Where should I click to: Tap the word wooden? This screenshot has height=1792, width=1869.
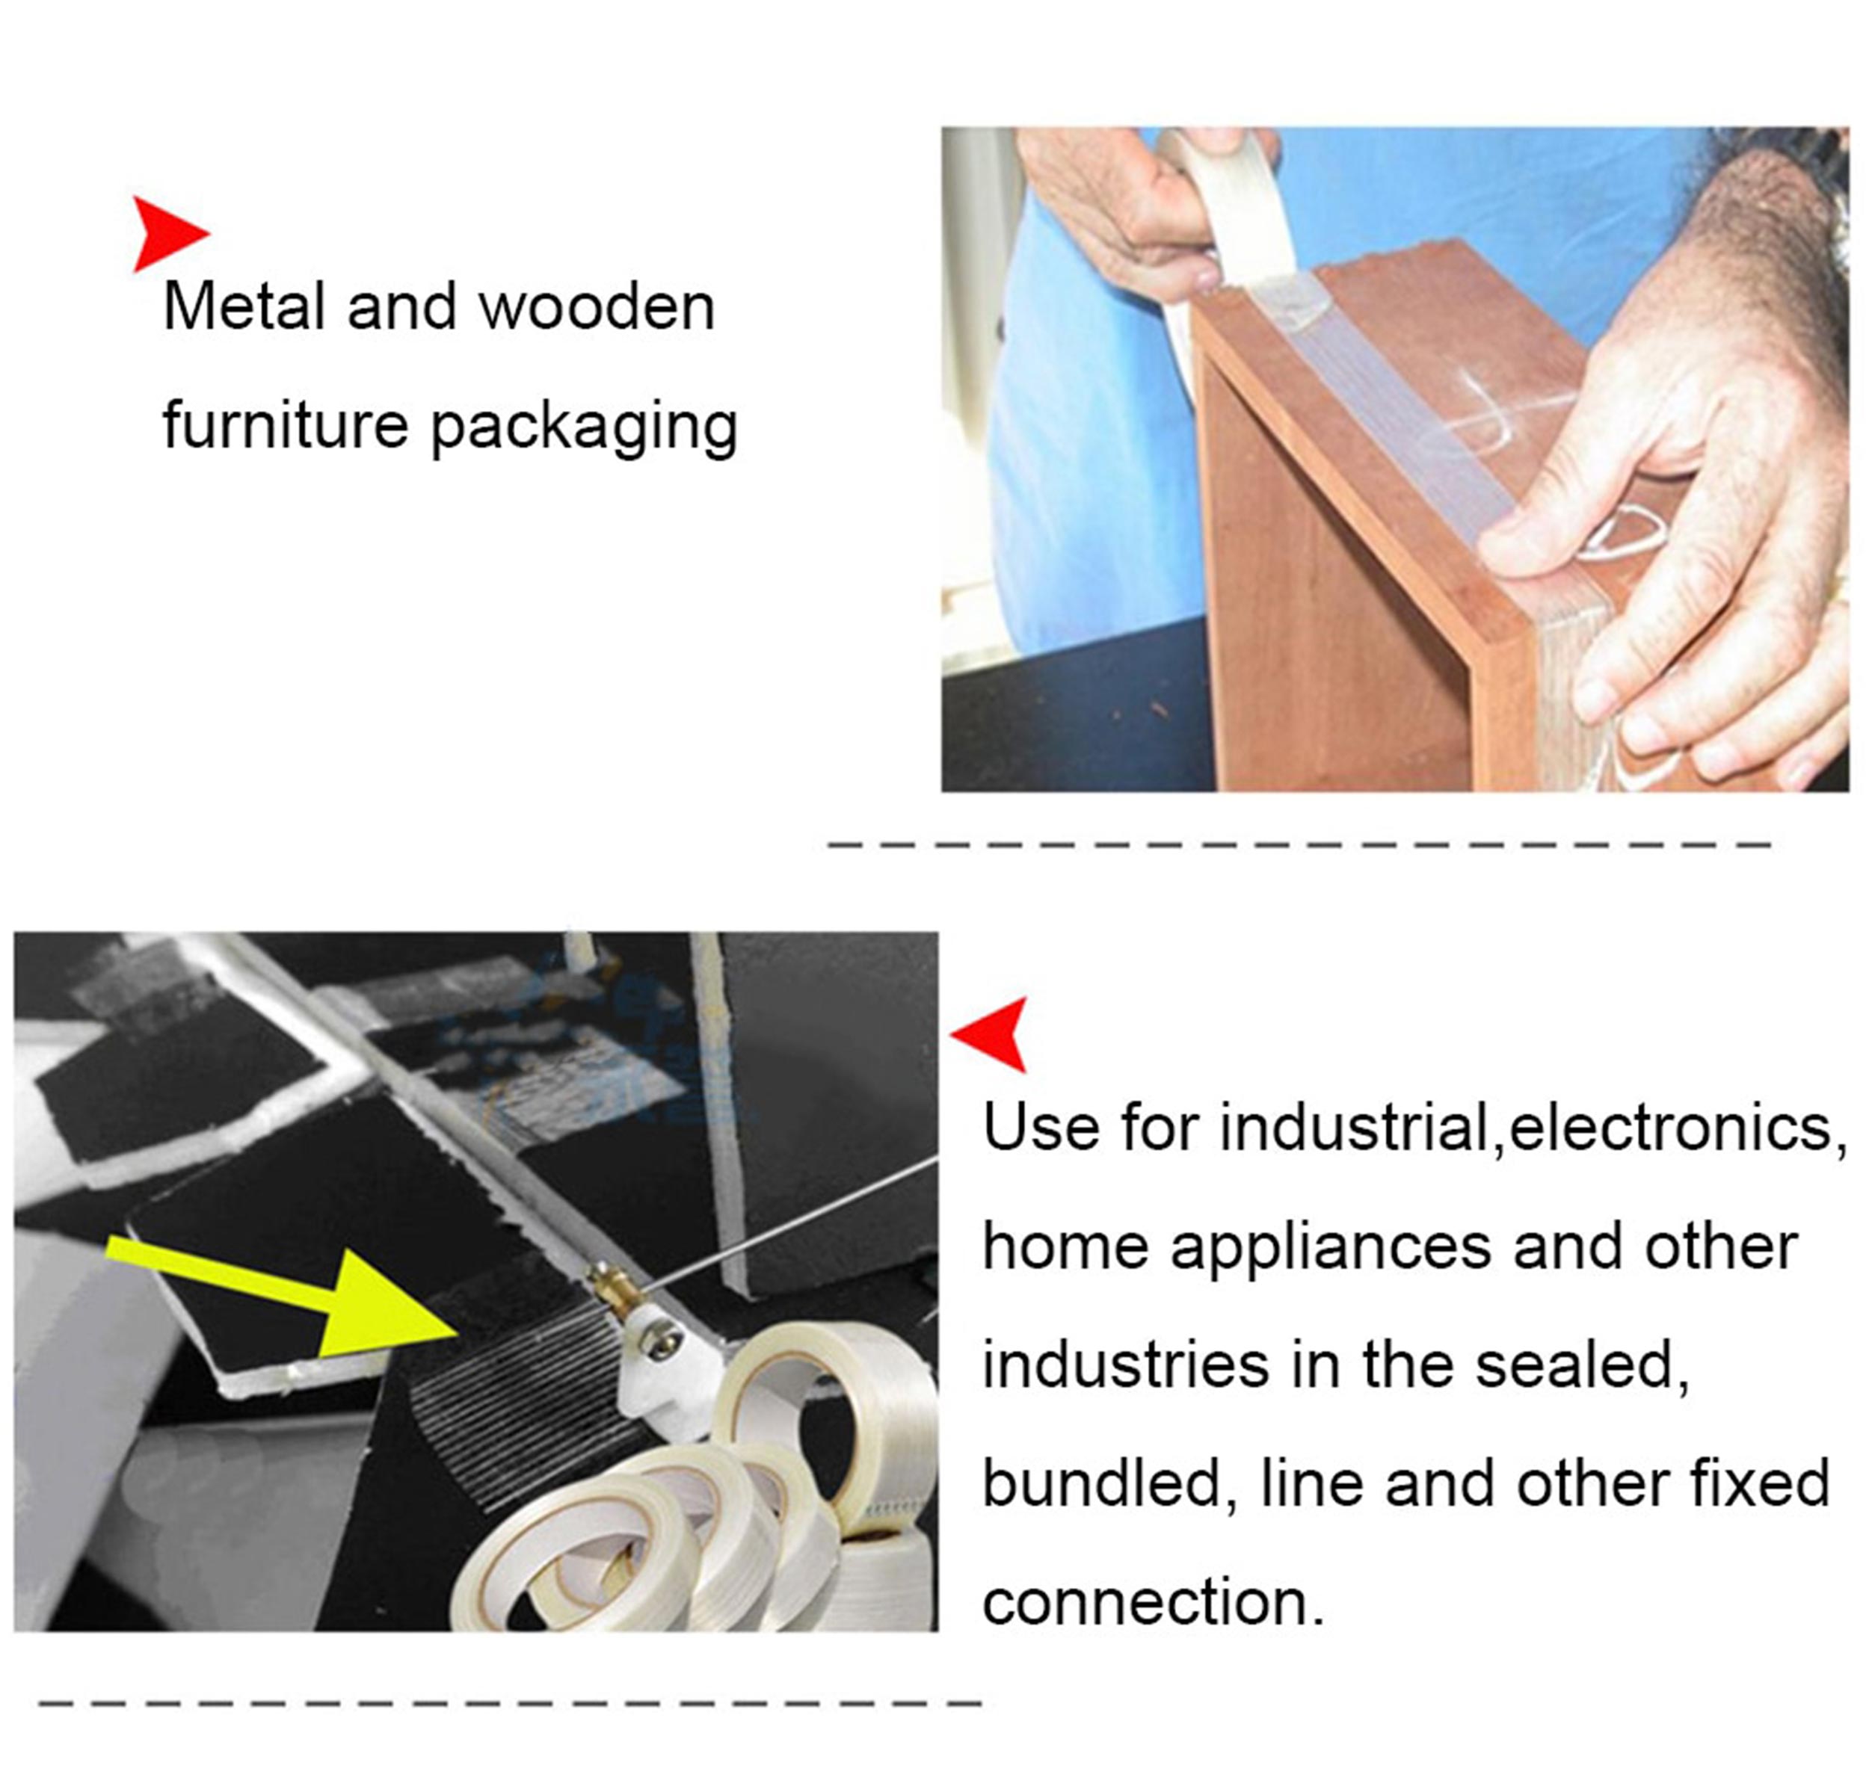coord(596,307)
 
